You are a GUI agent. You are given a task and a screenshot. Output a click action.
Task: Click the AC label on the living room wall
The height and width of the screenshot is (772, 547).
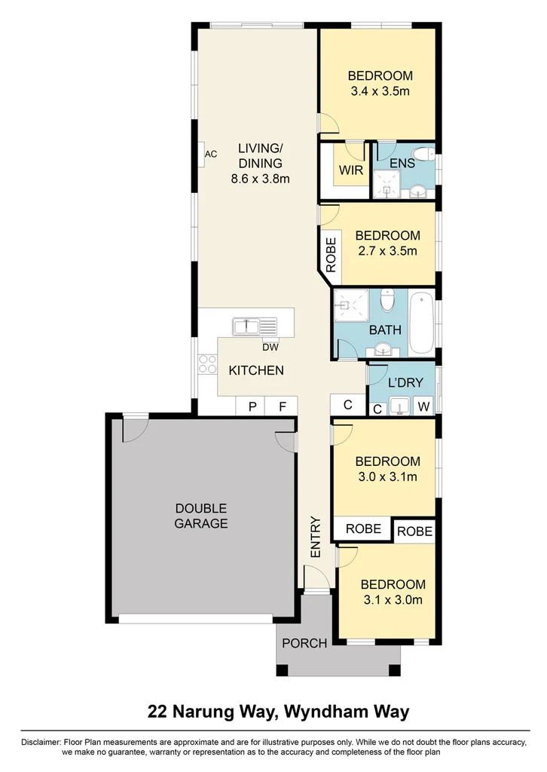[x=211, y=155]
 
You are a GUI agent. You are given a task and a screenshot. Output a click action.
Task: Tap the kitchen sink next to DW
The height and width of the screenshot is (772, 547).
[x=255, y=327]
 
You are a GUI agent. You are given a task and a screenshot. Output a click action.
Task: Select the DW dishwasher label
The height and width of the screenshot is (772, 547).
[x=270, y=348]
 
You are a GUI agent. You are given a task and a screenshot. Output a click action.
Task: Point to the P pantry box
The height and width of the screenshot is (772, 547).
[x=252, y=406]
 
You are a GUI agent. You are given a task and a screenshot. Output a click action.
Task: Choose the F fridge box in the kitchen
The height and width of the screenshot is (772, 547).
[x=283, y=406]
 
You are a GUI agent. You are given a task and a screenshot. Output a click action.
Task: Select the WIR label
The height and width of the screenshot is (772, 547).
[x=351, y=170]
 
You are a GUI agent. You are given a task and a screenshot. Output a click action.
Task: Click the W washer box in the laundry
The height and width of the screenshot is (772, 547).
[x=423, y=407]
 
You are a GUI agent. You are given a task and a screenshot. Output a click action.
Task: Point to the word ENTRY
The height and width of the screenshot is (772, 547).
[x=316, y=538]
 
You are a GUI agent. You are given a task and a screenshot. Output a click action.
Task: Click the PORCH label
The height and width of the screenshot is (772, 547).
[x=304, y=643]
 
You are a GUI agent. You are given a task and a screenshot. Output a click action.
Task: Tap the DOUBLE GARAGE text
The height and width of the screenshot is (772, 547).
[x=201, y=516]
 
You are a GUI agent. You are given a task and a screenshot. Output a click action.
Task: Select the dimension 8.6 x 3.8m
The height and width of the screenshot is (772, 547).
[x=261, y=179]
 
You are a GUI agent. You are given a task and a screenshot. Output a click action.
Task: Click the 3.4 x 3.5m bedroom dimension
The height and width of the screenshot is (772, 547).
[x=380, y=91]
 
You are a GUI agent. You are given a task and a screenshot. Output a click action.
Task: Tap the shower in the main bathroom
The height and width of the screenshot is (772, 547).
[x=350, y=306]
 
